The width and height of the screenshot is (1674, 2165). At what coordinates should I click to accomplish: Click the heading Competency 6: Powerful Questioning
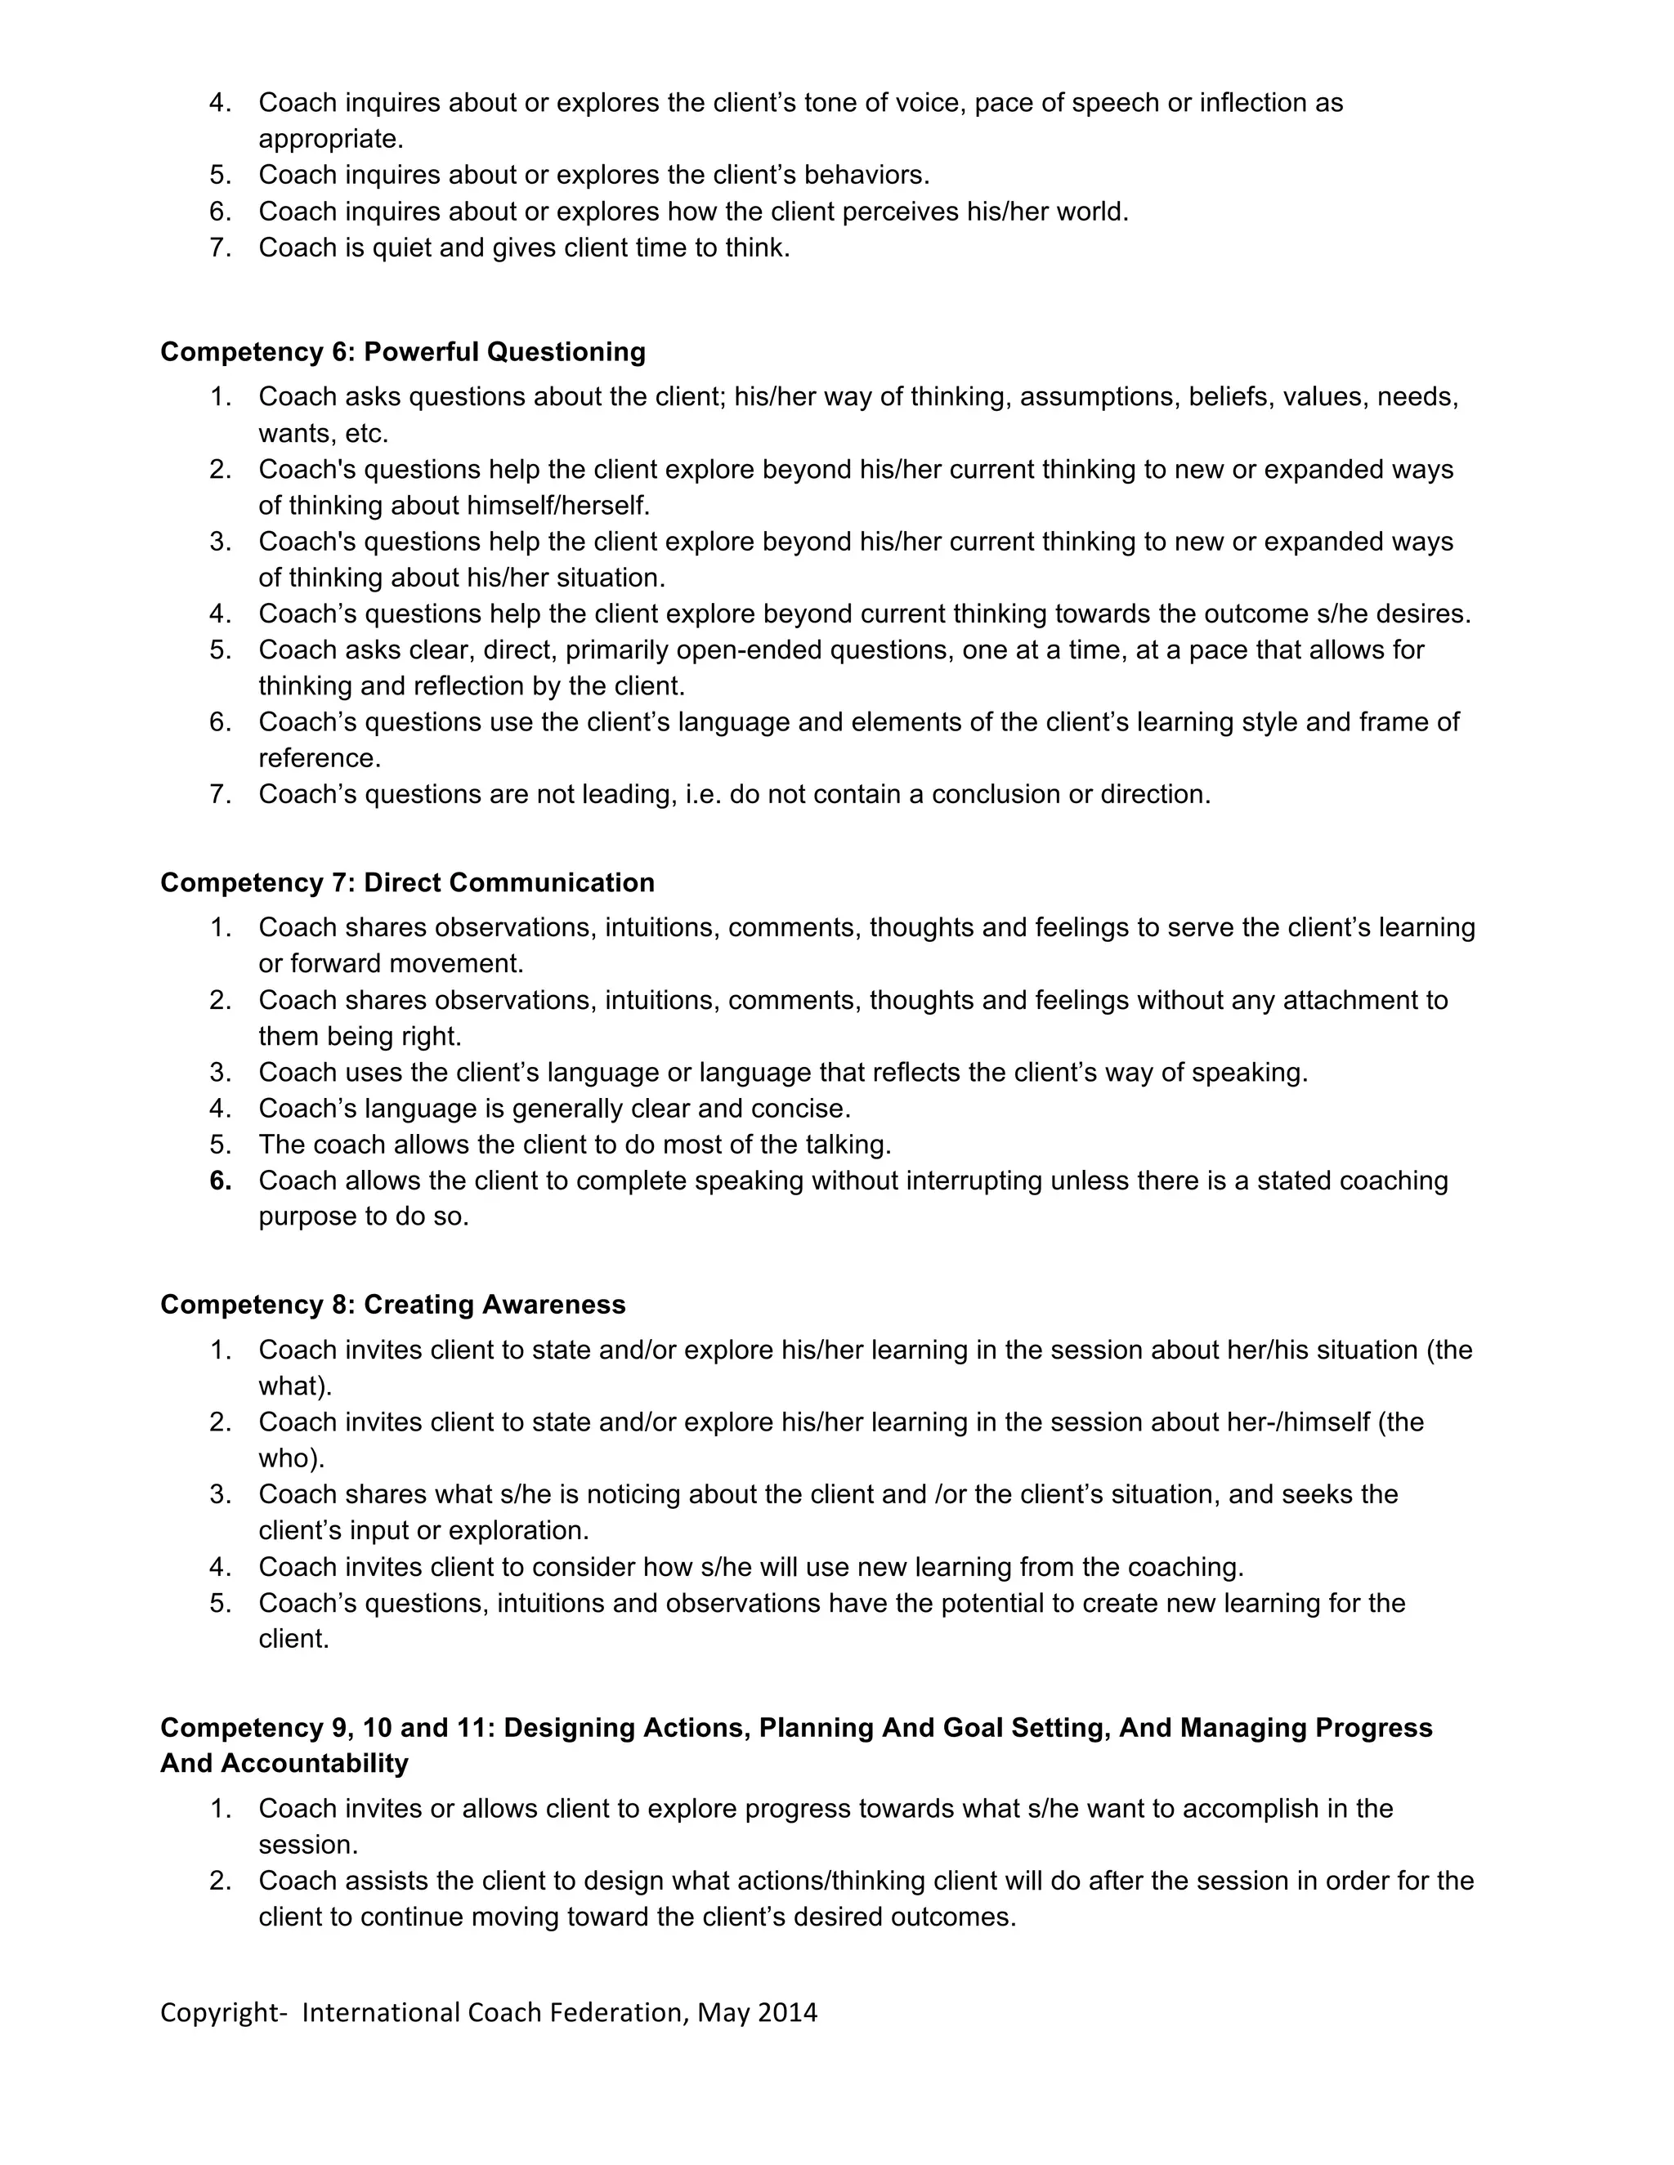403,352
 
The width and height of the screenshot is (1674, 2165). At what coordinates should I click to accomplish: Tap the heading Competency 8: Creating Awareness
392,1304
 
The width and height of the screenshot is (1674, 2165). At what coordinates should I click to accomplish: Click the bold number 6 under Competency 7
220,1181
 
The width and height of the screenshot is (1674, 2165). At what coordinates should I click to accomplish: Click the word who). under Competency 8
292,1458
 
